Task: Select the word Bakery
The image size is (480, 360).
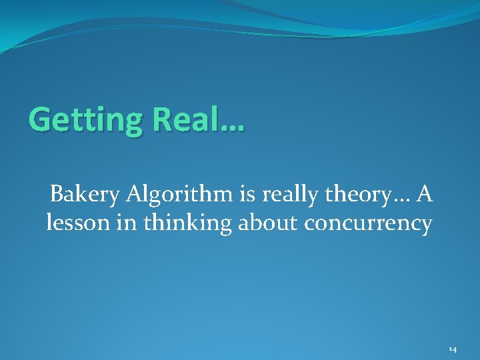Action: (83, 195)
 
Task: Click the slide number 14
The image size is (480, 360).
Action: (453, 349)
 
